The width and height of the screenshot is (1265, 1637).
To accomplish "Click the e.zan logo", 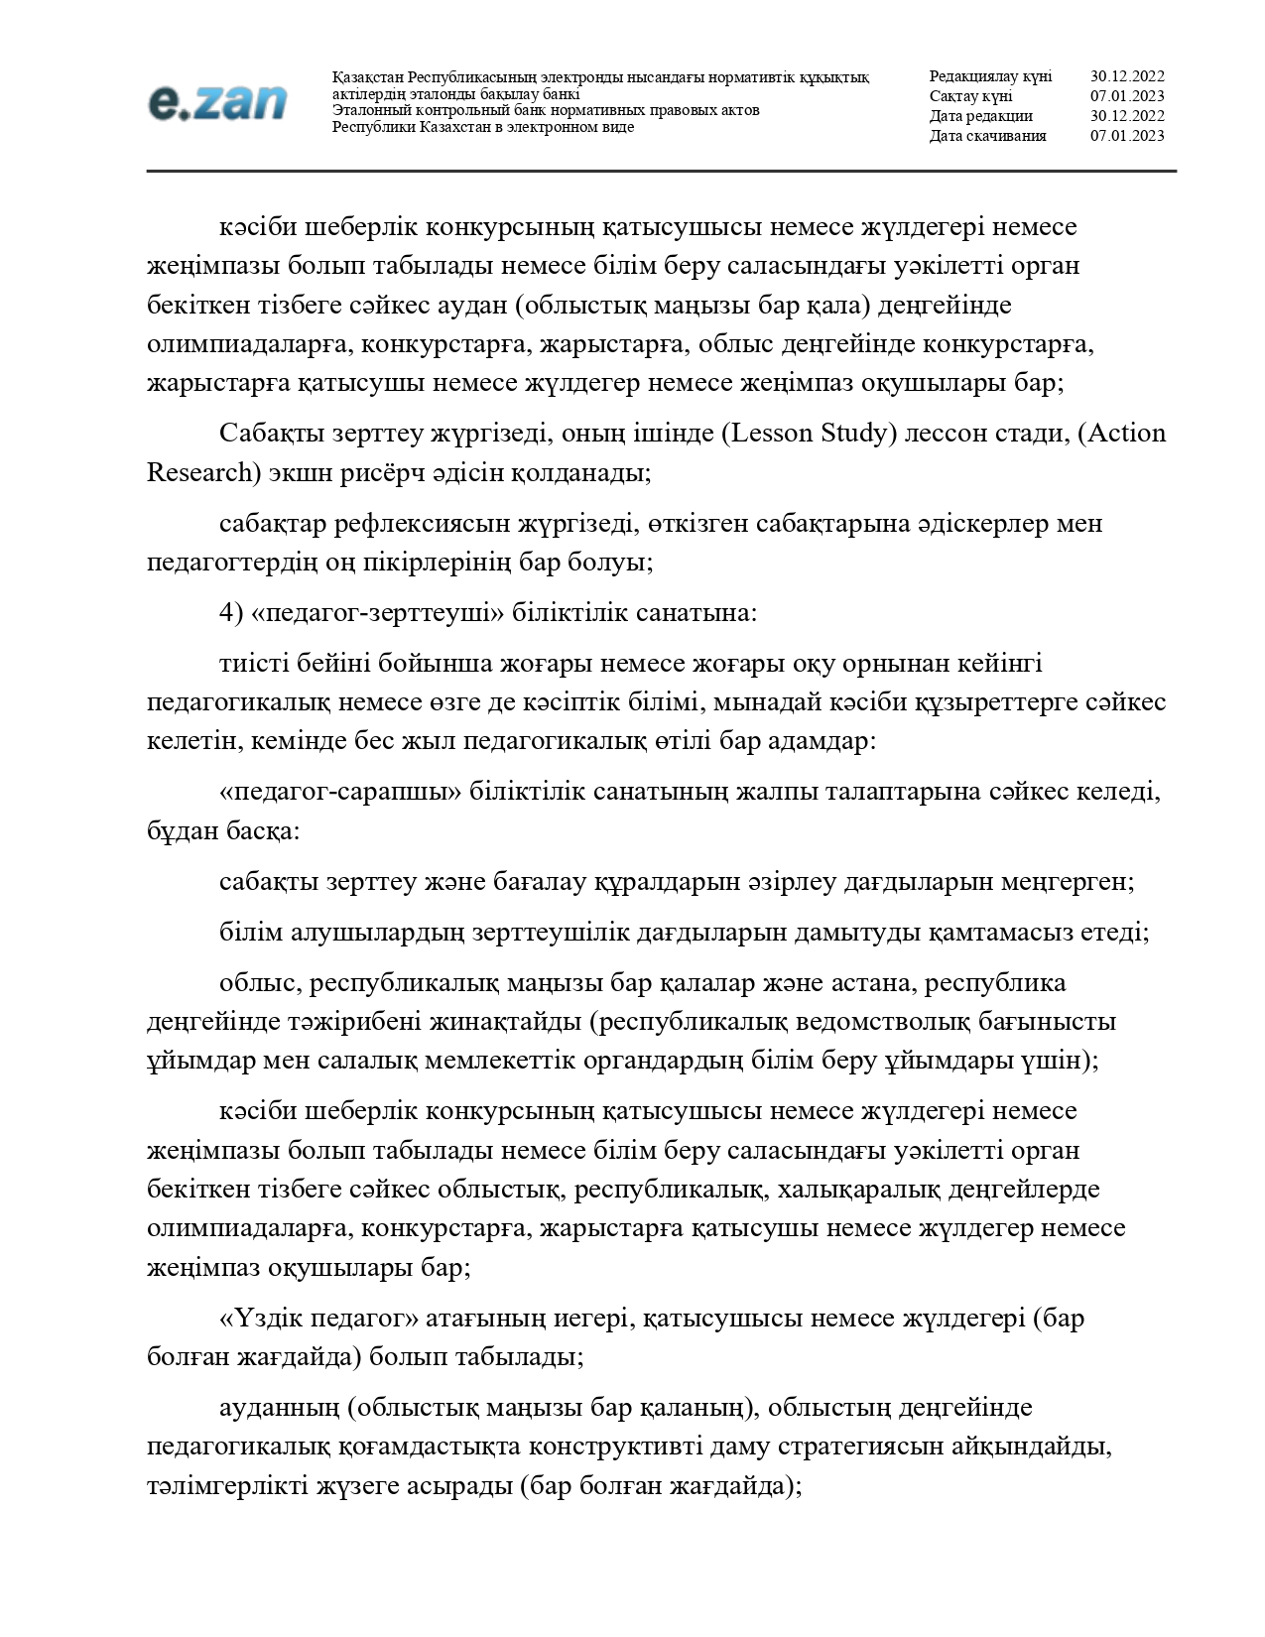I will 217,102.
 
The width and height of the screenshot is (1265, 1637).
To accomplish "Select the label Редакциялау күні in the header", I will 990,76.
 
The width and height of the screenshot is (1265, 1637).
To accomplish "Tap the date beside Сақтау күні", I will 1127,96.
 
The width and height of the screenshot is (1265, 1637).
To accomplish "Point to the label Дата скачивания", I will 987,136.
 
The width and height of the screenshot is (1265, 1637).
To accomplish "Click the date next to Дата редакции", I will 1127,116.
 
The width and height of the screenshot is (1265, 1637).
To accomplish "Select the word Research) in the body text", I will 203,472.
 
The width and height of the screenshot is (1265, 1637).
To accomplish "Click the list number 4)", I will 231,613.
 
